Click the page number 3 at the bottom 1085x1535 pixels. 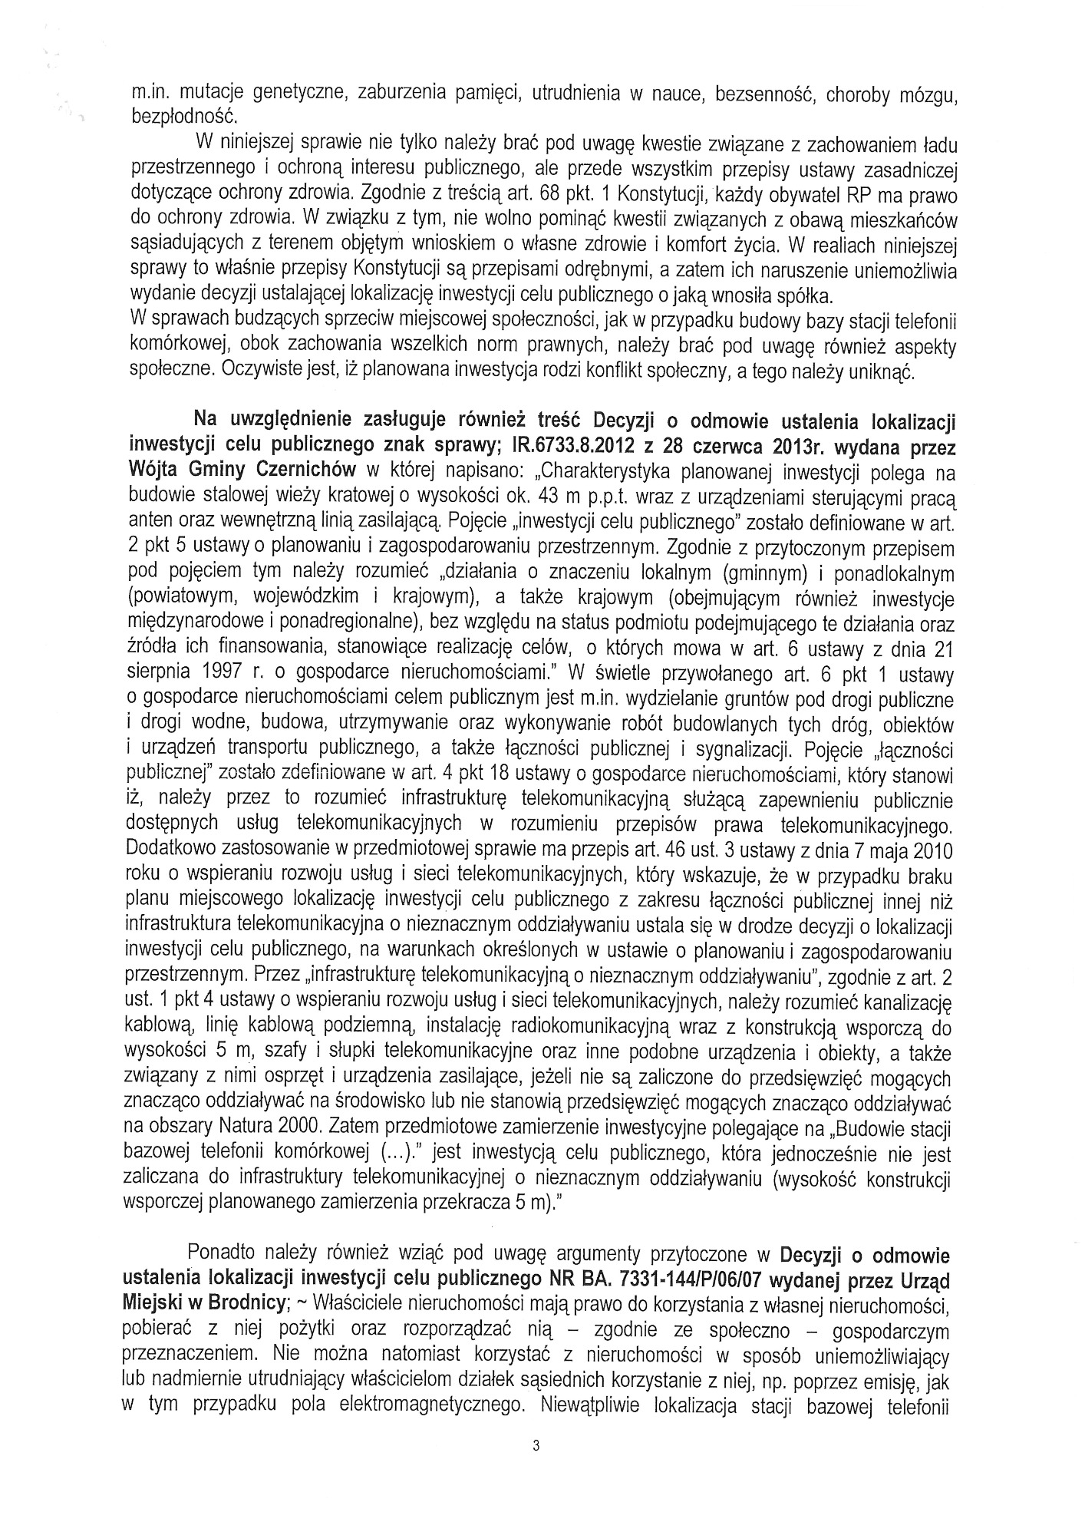[536, 1446]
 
